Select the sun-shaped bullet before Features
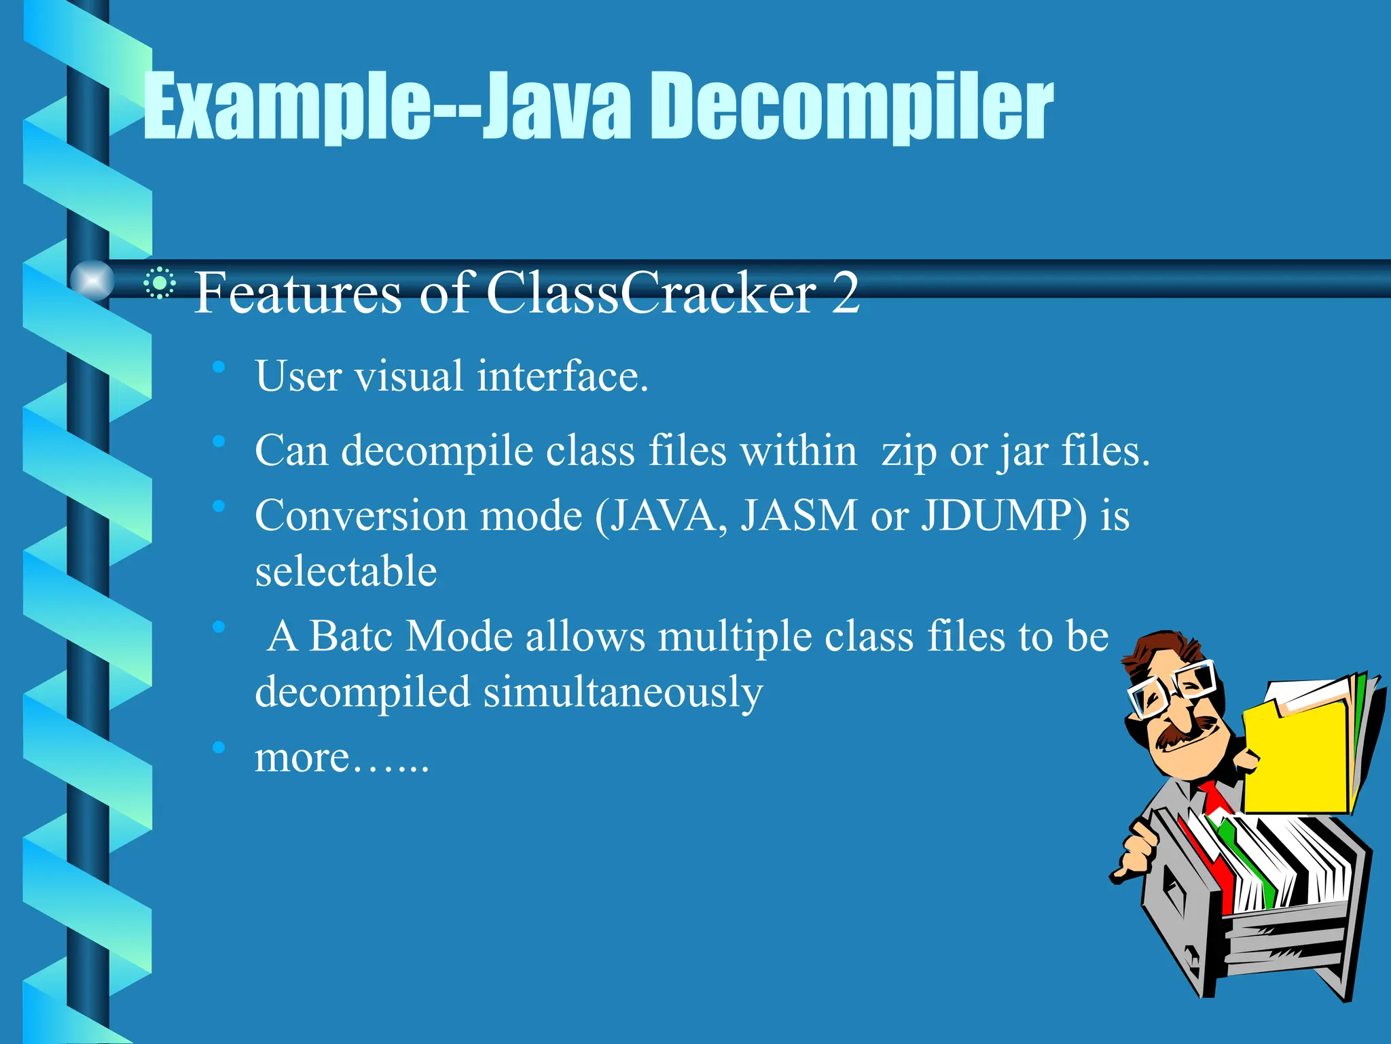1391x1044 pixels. point(160,283)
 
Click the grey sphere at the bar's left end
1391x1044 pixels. point(92,280)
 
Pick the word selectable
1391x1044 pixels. point(346,571)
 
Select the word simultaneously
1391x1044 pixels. point(623,692)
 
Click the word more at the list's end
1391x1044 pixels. point(302,757)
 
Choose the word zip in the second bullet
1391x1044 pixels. point(908,451)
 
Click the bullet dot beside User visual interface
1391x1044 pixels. point(218,368)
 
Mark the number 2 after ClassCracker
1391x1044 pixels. point(845,292)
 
